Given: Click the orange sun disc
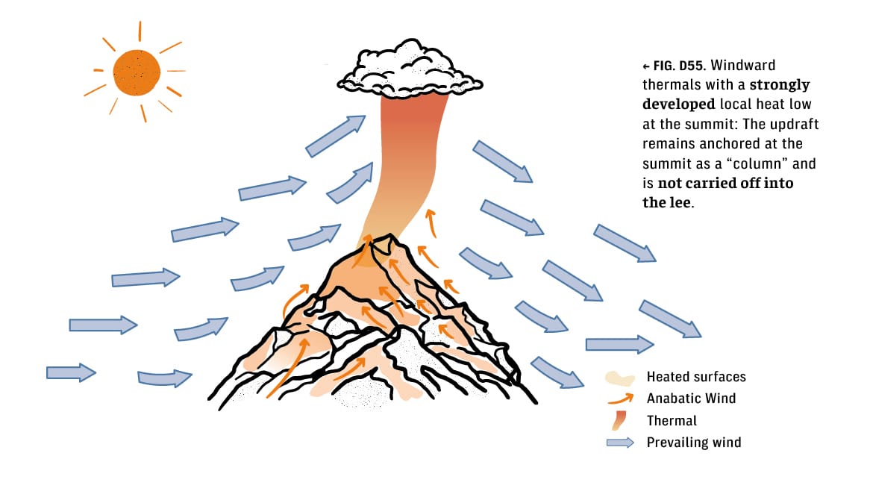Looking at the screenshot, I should (x=137, y=72).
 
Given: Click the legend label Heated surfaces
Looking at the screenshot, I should (x=695, y=377).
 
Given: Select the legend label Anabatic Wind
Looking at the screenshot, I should (x=691, y=399).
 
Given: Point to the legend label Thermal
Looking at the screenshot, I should (x=672, y=421).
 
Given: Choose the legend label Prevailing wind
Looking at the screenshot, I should (x=694, y=443).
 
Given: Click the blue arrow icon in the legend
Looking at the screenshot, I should (x=619, y=443).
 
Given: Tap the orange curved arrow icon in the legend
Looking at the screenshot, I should (x=619, y=399).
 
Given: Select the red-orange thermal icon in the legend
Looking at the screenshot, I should (x=619, y=421).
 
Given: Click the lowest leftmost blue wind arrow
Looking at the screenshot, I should (x=71, y=372).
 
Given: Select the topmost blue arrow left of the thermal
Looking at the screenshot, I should (x=335, y=137).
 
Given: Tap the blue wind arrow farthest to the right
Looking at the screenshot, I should (x=670, y=319).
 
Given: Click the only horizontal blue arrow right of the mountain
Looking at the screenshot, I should (x=619, y=344).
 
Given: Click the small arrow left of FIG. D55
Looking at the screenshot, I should (x=646, y=66).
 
